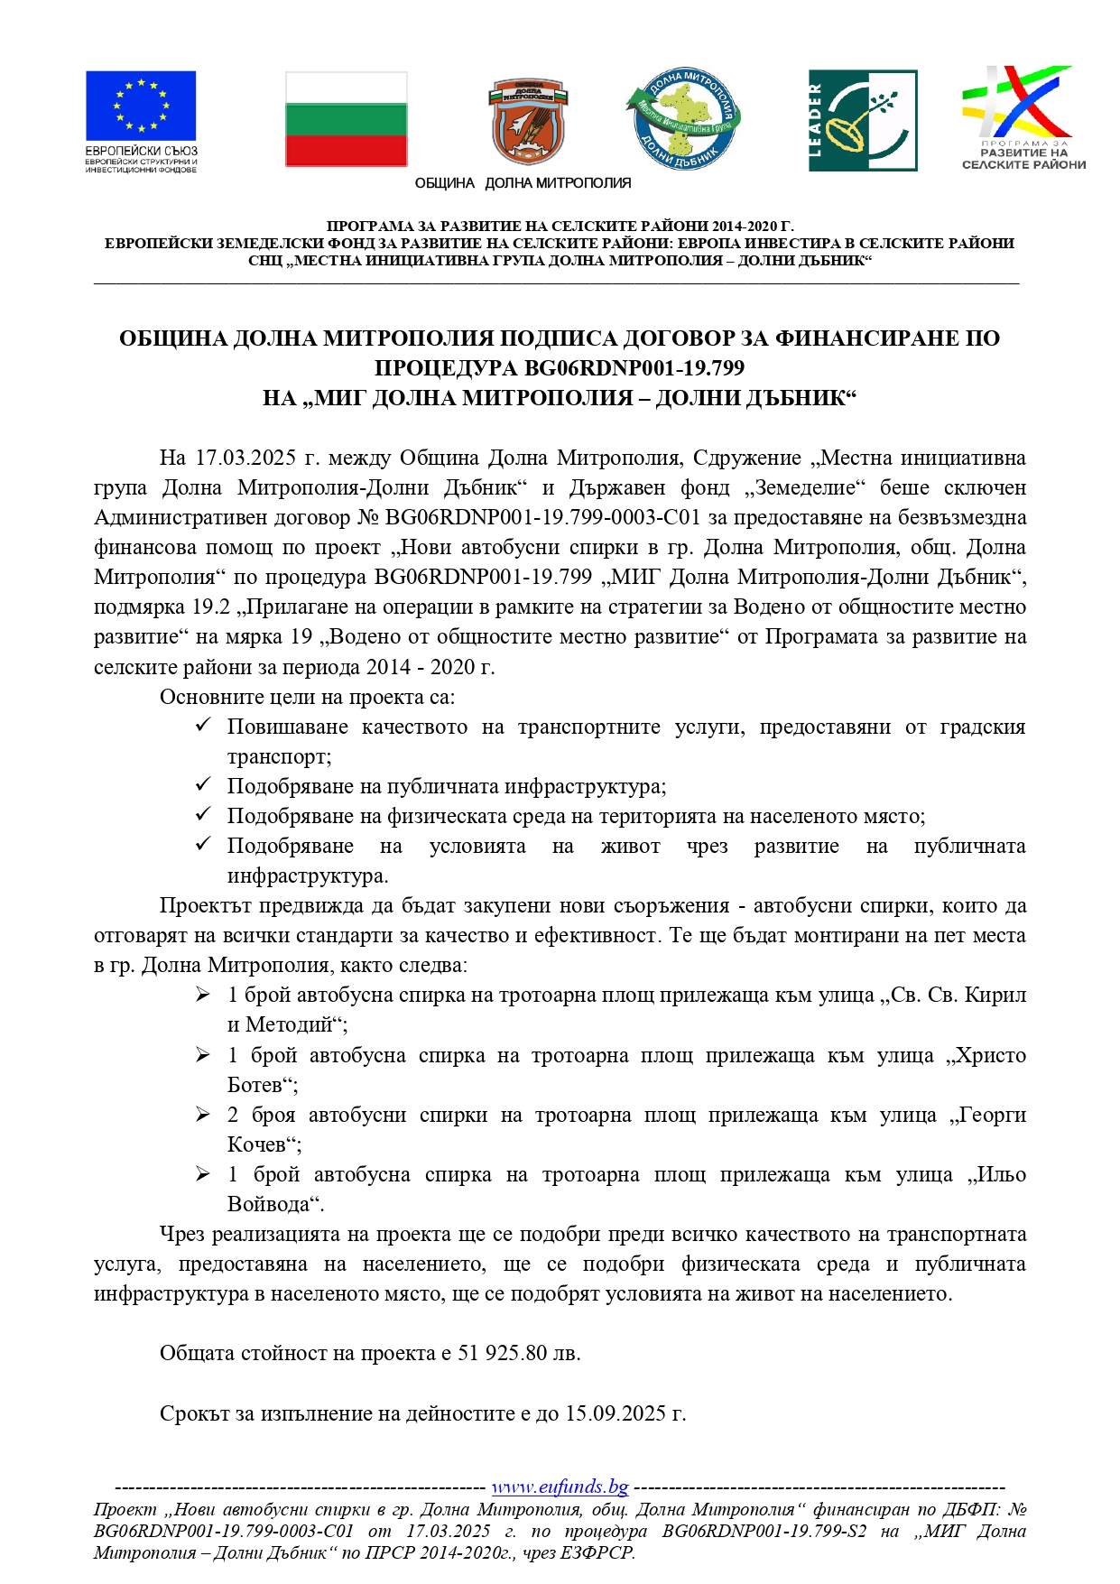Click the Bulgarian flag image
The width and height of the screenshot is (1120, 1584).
click(x=346, y=120)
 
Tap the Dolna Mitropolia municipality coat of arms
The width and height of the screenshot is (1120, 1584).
click(x=529, y=122)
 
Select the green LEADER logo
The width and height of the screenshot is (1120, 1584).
click(x=863, y=121)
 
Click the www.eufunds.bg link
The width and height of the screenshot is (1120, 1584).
click(x=560, y=1487)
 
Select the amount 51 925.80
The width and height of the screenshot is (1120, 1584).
click(x=503, y=1353)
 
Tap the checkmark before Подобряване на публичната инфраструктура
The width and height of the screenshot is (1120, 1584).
click(x=203, y=785)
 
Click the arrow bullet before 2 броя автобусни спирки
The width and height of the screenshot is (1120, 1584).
click(x=203, y=1115)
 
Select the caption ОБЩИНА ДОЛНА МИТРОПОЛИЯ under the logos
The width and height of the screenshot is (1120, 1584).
click(x=523, y=183)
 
